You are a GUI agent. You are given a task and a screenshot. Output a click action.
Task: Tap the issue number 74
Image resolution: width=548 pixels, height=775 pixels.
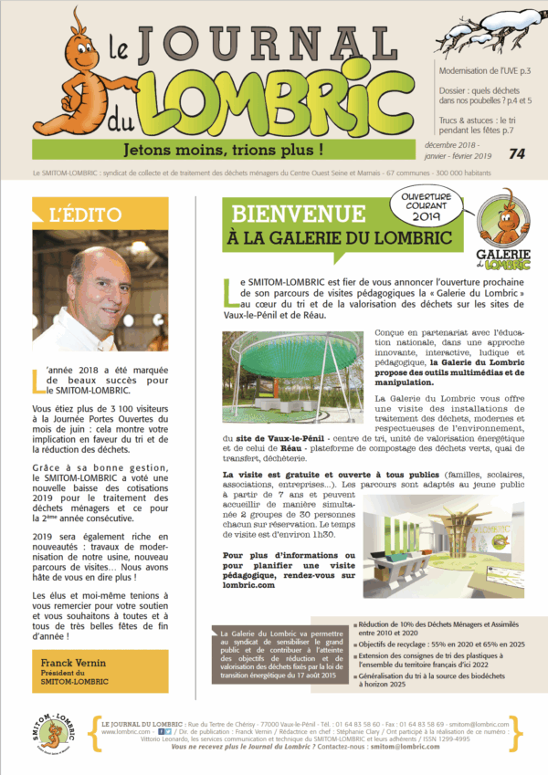click(517, 154)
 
